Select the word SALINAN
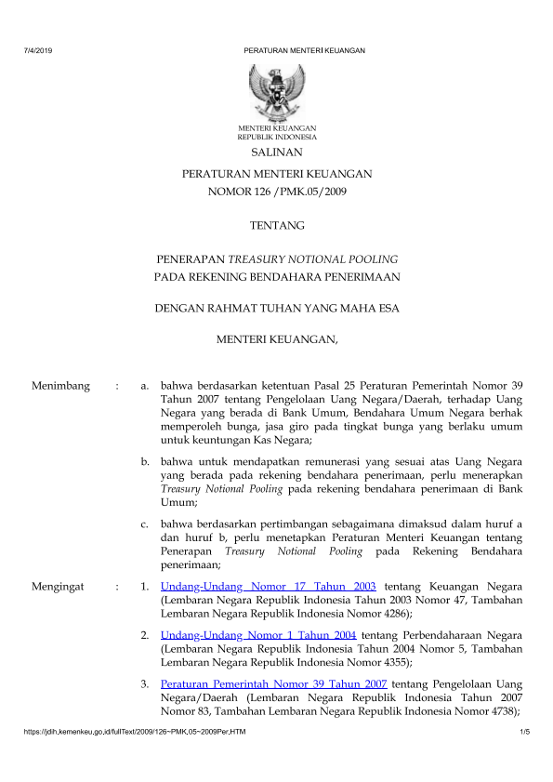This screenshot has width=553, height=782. click(277, 152)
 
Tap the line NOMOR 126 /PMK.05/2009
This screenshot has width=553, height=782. click(277, 192)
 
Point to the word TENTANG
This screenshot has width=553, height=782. click(277, 225)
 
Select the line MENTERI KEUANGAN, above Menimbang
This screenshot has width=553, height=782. click(277, 340)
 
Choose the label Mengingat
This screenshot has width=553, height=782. click(59, 587)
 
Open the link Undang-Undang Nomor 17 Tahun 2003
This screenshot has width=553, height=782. click(268, 587)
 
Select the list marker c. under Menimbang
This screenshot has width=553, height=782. click(146, 524)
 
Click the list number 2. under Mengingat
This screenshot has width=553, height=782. click(146, 636)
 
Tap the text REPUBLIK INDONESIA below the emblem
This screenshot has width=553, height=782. click(276, 136)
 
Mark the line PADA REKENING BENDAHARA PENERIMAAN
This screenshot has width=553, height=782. click(277, 276)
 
